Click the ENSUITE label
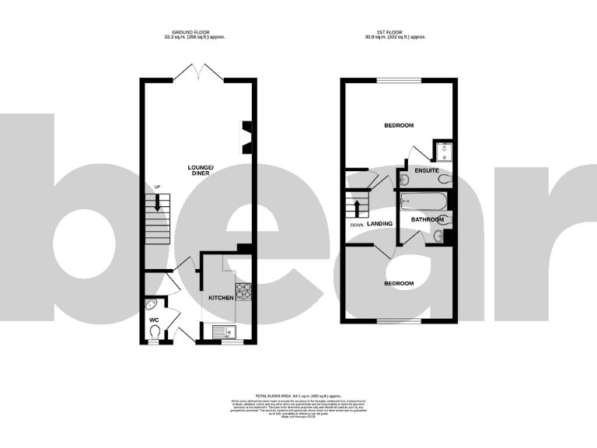coord(427,170)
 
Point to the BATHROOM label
coord(427,220)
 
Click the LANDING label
coord(380,224)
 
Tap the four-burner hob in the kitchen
coord(244,292)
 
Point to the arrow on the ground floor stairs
coord(159,204)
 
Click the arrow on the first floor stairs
coord(358,208)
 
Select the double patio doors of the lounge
coord(199,72)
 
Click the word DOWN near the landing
coord(357,225)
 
